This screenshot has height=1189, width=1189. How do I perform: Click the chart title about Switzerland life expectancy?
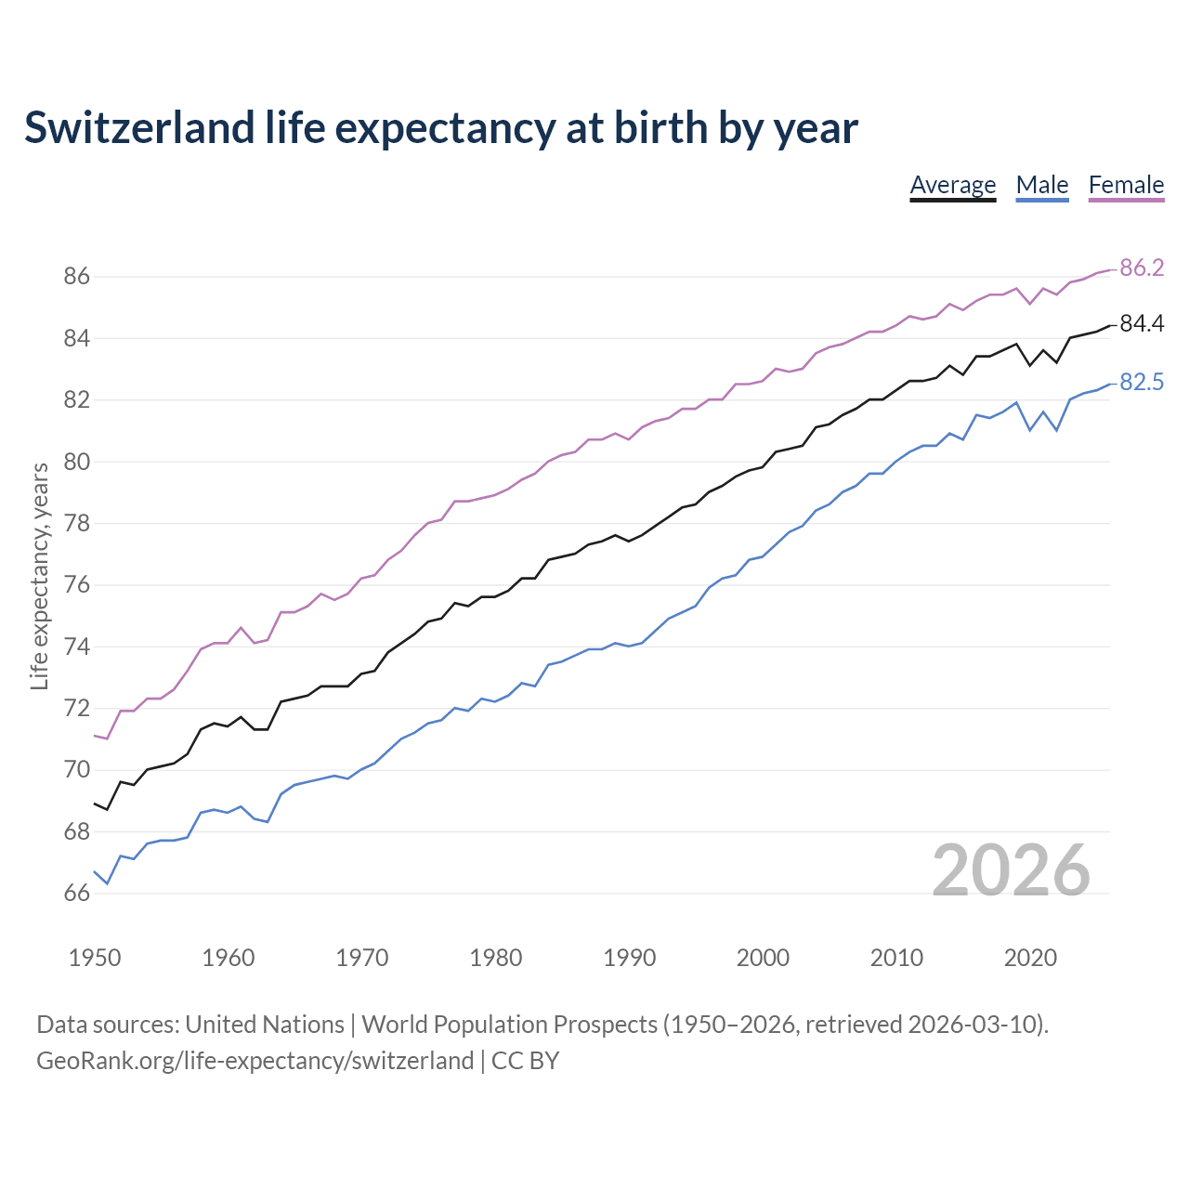click(x=441, y=127)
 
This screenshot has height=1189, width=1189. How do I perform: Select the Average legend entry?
click(x=952, y=185)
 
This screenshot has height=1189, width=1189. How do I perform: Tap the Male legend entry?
click(x=1042, y=185)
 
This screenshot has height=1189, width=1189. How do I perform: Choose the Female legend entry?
click(x=1126, y=185)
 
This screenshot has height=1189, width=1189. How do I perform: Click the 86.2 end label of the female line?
click(x=1142, y=268)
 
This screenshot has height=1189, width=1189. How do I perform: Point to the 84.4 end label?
click(x=1142, y=324)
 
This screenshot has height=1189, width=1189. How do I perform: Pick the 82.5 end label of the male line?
click(x=1142, y=383)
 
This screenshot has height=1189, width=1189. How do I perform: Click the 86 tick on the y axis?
click(x=77, y=277)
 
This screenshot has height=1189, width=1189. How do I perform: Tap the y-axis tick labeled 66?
click(x=77, y=894)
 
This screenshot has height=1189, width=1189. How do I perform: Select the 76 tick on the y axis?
click(x=77, y=585)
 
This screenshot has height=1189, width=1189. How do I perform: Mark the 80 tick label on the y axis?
click(x=77, y=462)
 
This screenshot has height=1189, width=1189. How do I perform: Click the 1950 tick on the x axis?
click(x=95, y=958)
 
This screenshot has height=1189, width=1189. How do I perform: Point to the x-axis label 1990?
click(x=629, y=958)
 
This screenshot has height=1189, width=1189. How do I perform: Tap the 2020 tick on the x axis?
click(x=1030, y=958)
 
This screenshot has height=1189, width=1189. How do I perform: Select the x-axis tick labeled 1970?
click(x=362, y=958)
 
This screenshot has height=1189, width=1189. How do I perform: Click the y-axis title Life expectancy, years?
click(x=40, y=577)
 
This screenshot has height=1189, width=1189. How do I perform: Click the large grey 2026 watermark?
click(x=1011, y=870)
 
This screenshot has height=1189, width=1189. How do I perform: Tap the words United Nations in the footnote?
click(x=265, y=1025)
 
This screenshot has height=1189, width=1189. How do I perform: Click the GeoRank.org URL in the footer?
click(x=255, y=1061)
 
